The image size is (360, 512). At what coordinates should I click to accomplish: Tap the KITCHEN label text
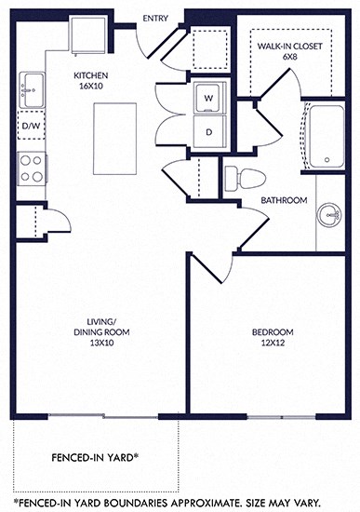(93, 75)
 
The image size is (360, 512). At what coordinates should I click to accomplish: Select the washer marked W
(208, 96)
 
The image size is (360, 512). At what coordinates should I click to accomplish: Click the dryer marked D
(208, 131)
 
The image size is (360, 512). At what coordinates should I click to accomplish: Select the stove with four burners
(31, 168)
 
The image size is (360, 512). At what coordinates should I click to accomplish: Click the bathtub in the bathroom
(326, 139)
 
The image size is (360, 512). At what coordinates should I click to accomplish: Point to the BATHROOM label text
(284, 199)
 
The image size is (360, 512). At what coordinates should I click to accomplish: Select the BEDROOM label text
(273, 332)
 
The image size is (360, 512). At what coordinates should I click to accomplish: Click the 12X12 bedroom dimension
(273, 345)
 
